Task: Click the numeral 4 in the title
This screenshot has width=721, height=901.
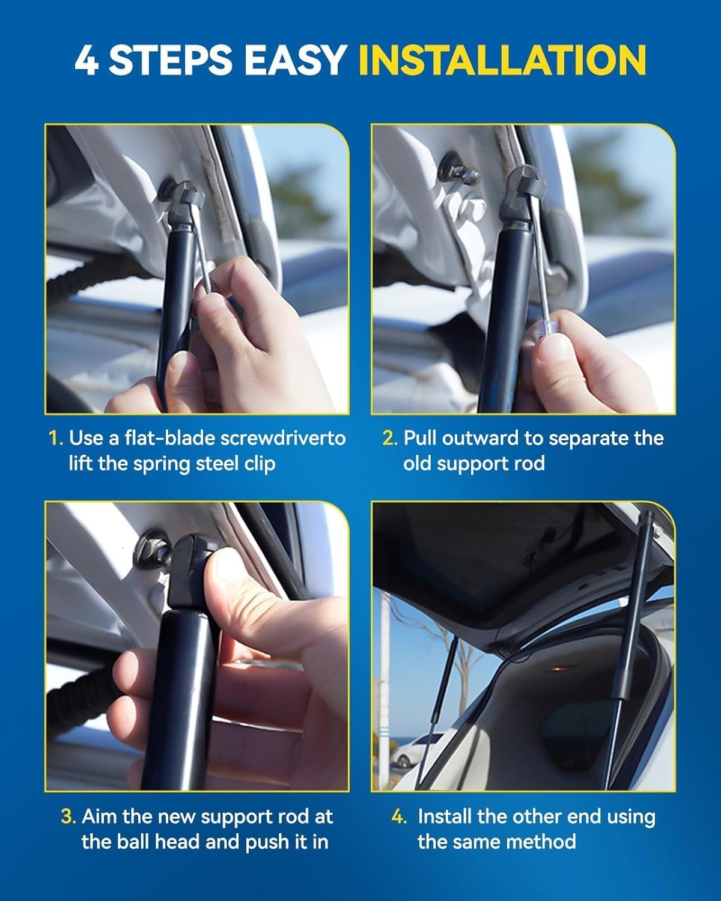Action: point(86,60)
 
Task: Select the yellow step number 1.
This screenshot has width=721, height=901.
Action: point(55,438)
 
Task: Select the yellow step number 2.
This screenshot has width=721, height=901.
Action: point(389,438)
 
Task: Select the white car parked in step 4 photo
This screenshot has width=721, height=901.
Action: point(416,751)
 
